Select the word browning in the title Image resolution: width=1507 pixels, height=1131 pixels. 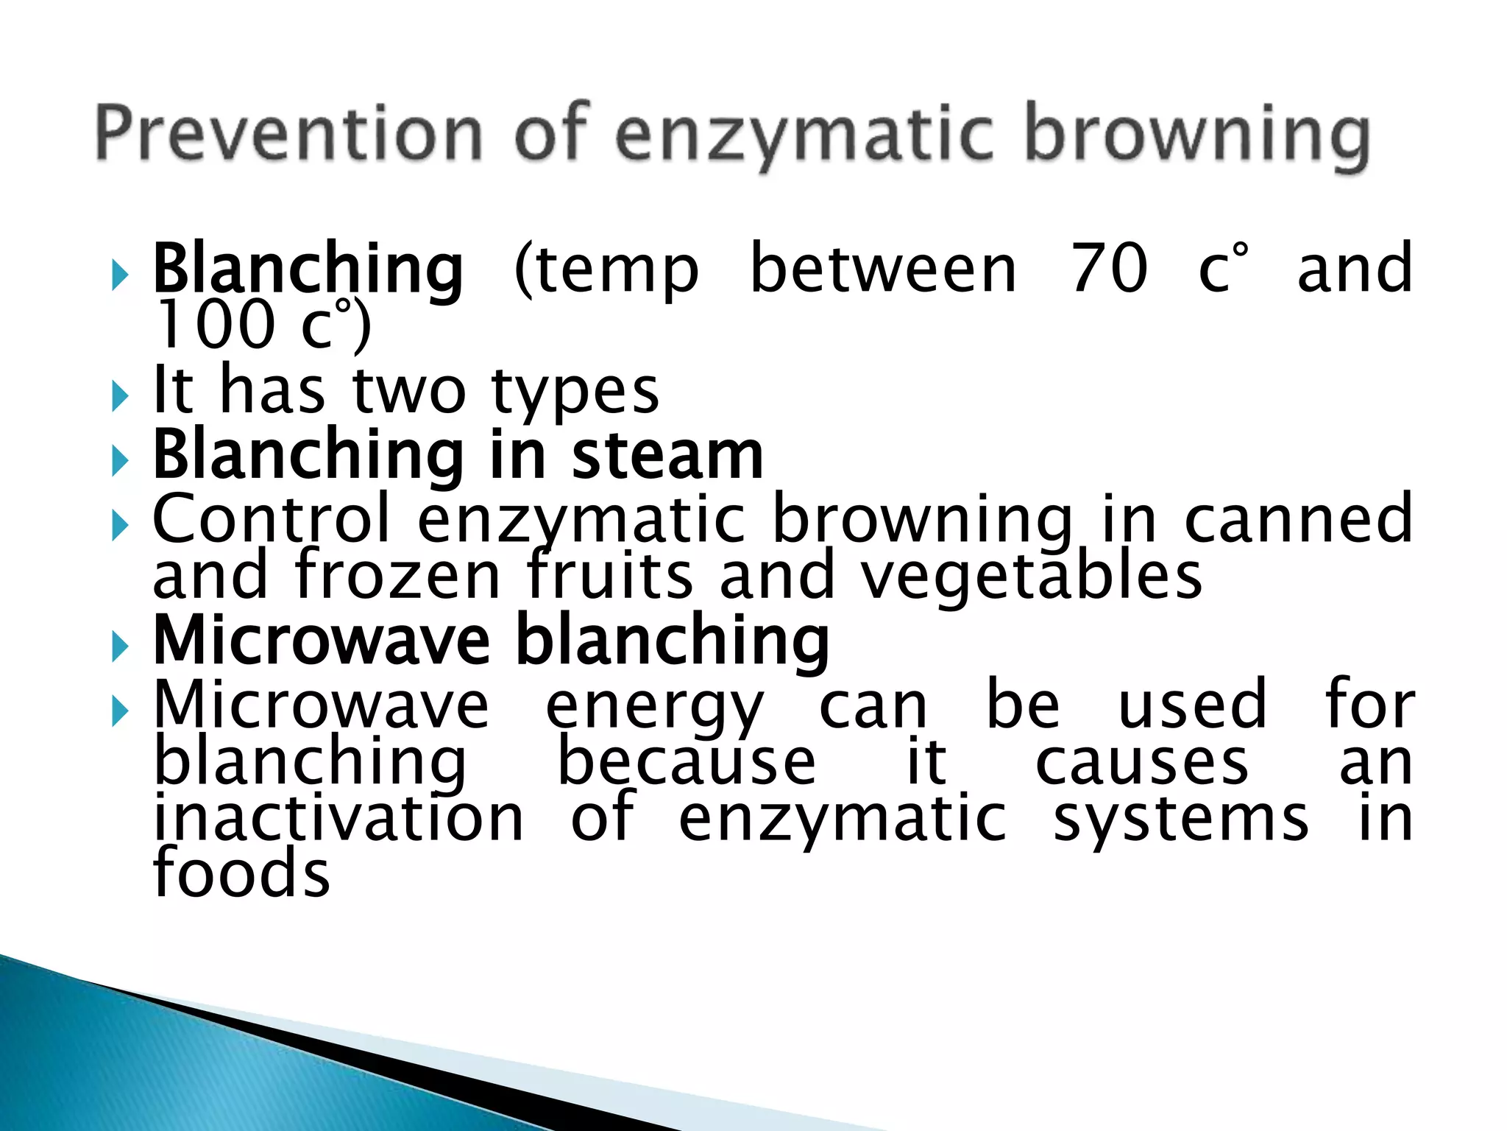[x=1197, y=136]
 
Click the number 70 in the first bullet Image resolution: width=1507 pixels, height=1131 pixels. [x=1109, y=269]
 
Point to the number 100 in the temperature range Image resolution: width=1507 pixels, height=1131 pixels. [x=213, y=325]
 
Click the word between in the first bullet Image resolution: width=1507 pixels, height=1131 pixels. [x=883, y=269]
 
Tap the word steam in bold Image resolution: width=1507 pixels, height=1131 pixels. [x=667, y=456]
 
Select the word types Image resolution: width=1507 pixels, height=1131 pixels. [x=575, y=392]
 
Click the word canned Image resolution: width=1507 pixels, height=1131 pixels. [x=1299, y=519]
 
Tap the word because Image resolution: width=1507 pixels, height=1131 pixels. [x=687, y=763]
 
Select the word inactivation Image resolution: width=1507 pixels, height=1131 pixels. [x=338, y=818]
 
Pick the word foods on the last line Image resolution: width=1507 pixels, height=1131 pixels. [x=241, y=873]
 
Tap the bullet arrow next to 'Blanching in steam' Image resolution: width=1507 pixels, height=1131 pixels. [x=120, y=462]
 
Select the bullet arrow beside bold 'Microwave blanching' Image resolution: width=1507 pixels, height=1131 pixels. [x=120, y=647]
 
